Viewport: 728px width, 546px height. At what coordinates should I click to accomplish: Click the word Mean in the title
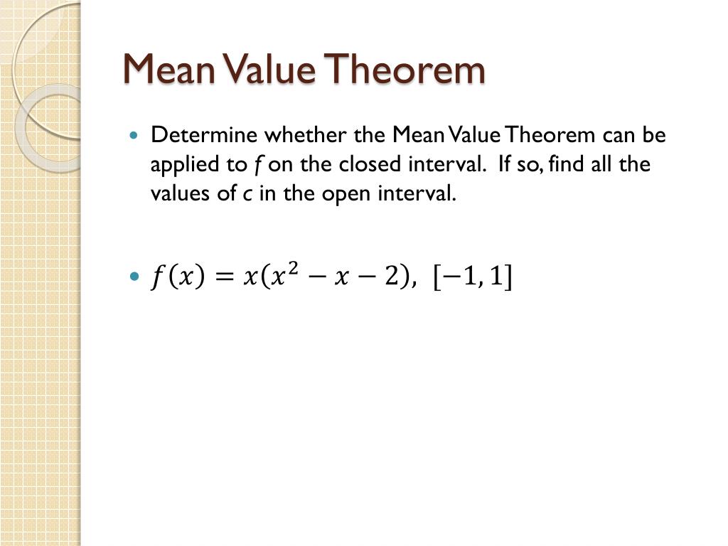point(170,70)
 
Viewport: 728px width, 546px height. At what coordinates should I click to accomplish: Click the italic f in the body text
point(255,165)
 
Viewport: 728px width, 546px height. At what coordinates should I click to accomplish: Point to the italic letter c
point(246,195)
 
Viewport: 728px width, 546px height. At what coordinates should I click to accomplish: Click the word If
point(505,164)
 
